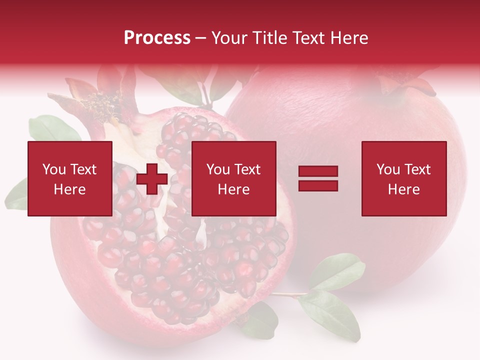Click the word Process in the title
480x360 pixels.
click(157, 38)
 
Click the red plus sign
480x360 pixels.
click(152, 179)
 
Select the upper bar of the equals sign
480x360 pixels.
click(318, 172)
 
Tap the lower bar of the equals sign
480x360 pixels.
click(318, 186)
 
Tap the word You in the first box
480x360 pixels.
click(53, 169)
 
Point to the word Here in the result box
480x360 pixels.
click(403, 189)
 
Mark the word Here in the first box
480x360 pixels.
click(69, 189)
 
